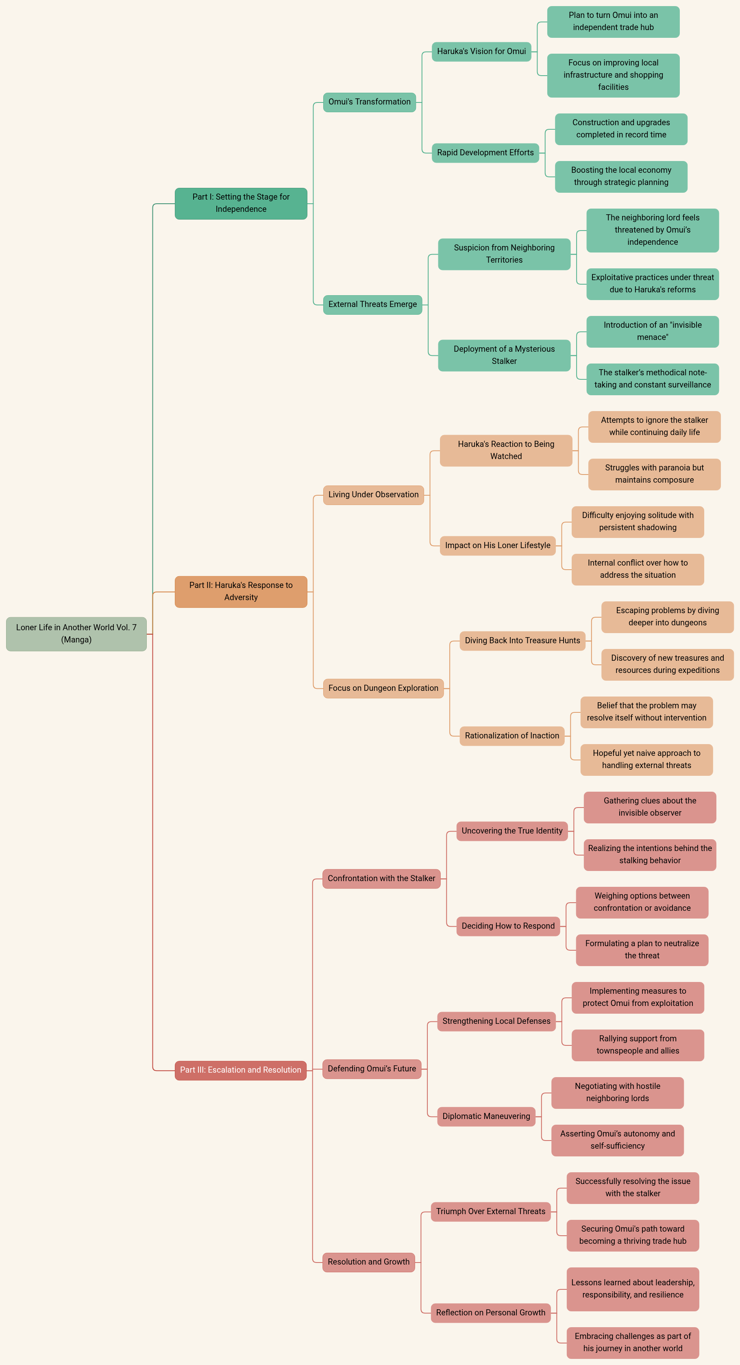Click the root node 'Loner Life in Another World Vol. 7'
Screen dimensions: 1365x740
pyautogui.click(x=76, y=634)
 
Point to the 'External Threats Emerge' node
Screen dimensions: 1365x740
pyautogui.click(x=372, y=305)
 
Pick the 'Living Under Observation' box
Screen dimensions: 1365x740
pyautogui.click(x=373, y=495)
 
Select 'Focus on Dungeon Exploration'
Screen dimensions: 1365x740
pyautogui.click(x=383, y=688)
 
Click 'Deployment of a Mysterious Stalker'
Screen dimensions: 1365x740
pyautogui.click(x=504, y=355)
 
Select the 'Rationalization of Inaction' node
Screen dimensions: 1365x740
pyautogui.click(x=511, y=736)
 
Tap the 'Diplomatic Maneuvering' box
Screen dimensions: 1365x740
pyautogui.click(x=486, y=1117)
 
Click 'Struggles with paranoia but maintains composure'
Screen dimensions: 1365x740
pyautogui.click(x=654, y=474)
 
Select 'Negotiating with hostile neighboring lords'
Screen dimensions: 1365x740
pyautogui.click(x=617, y=1093)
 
